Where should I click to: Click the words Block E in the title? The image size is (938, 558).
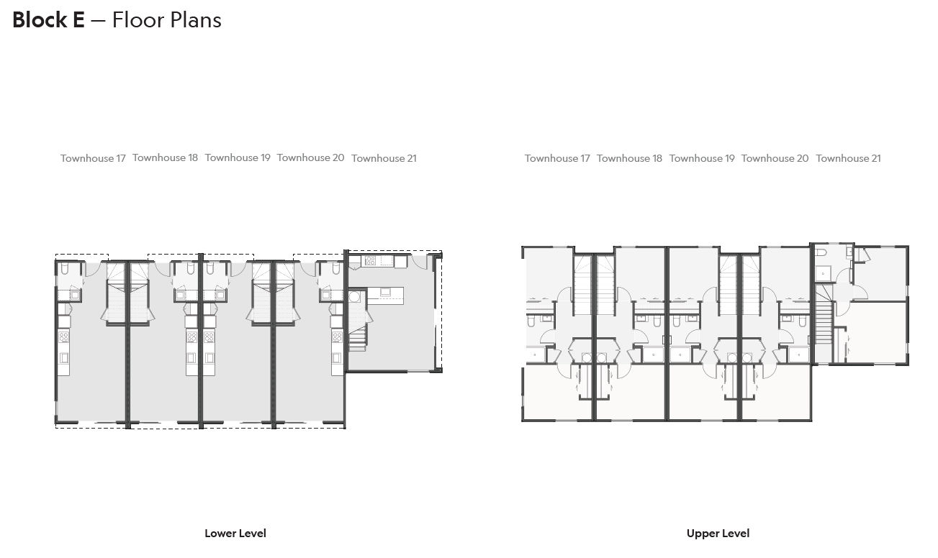coord(48,20)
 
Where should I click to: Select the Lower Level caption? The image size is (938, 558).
coord(235,534)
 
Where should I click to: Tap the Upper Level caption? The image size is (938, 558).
coord(718,534)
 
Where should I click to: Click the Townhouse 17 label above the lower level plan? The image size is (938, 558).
coord(93,158)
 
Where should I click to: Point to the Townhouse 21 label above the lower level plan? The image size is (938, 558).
coord(384,158)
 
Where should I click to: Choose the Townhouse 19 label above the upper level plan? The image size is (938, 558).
coord(702,158)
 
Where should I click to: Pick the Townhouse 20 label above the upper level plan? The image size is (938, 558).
coord(775,158)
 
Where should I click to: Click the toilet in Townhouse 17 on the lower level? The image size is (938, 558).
coord(64,268)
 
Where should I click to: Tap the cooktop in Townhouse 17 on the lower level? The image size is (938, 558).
coord(63,337)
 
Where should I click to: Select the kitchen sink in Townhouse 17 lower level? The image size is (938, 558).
coord(63,357)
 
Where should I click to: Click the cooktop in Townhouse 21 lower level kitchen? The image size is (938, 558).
coord(370,261)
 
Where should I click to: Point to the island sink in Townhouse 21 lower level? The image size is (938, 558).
coord(386,292)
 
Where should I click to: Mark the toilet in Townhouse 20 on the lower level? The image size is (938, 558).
coord(336,268)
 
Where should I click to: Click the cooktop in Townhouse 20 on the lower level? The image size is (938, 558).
coord(337,337)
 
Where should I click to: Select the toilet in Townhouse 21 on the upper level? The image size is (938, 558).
coord(822,252)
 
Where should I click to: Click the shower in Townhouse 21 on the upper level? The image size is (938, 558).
coord(823,273)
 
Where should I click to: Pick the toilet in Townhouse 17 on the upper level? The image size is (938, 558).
coord(531,321)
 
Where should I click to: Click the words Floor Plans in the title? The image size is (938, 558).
coord(166,20)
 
